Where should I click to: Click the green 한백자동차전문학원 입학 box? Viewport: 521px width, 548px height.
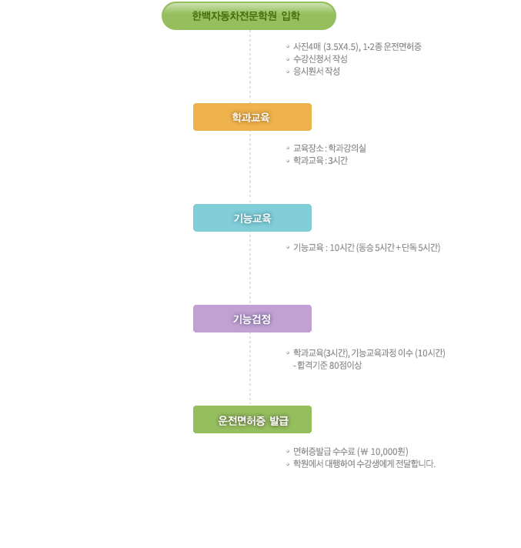(x=249, y=15)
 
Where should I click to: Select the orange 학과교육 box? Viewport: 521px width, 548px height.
(x=252, y=117)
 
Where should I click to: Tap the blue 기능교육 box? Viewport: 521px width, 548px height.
(x=252, y=218)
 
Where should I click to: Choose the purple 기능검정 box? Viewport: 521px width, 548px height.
(x=252, y=319)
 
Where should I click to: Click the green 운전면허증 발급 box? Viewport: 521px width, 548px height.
(x=252, y=419)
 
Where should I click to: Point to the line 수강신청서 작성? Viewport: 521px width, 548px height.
(x=320, y=58)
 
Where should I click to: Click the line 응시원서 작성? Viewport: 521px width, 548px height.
(x=316, y=72)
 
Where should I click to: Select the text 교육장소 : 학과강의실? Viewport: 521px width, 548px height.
(x=329, y=149)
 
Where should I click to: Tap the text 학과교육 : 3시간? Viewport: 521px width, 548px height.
(x=320, y=160)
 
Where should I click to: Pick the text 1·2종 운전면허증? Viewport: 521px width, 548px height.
(x=392, y=46)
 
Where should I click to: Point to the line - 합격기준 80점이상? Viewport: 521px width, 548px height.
(x=327, y=366)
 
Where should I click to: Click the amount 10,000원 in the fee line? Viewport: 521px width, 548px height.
(x=388, y=452)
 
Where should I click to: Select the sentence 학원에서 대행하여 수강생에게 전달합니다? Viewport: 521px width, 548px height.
(x=364, y=464)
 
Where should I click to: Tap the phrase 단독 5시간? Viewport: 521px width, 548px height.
(x=419, y=247)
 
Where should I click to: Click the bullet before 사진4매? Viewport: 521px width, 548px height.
(x=288, y=46)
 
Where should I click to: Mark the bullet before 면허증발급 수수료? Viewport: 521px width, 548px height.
(x=288, y=452)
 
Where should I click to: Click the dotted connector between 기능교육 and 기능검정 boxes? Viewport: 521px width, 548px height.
(x=250, y=268)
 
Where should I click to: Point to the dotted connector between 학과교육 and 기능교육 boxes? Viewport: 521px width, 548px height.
(x=250, y=168)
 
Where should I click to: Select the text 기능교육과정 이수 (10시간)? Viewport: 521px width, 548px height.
(x=399, y=353)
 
